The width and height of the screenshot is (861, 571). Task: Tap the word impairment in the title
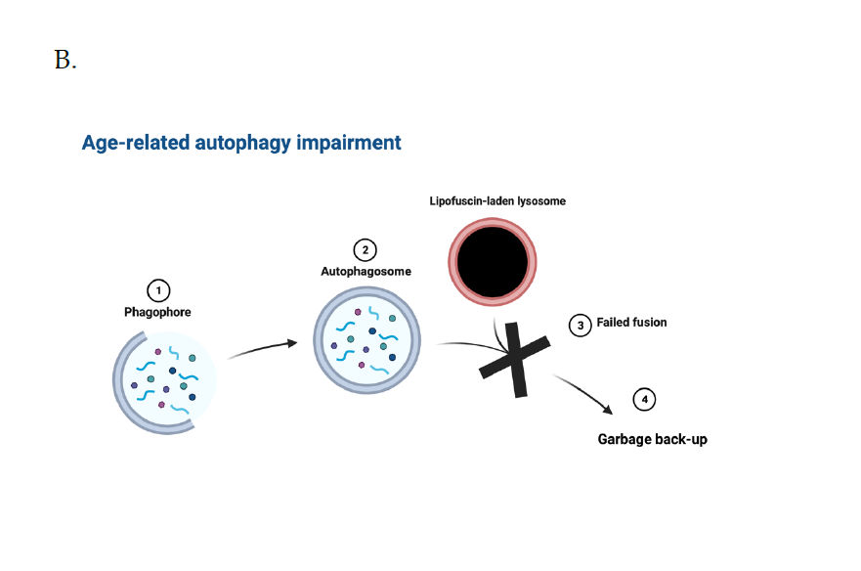pos(349,143)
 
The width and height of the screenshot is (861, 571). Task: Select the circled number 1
pos(158,290)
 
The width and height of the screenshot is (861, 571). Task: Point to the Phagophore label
pos(157,312)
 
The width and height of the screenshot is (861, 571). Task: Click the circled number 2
pos(366,250)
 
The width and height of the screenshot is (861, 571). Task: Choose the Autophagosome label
pos(366,272)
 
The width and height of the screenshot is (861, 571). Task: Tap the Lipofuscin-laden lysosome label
pos(497,201)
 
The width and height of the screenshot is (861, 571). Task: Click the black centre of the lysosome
pos(492,262)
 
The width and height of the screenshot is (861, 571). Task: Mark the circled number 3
pos(581,326)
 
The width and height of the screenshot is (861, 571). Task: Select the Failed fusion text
pos(631,323)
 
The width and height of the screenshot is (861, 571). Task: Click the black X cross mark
pos(515,360)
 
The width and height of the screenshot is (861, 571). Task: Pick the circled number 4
pos(645,400)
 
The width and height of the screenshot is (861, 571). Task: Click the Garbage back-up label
pos(652,439)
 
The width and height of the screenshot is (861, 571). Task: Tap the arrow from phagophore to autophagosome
pos(263,348)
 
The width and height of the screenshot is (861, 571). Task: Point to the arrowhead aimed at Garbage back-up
pos(608,409)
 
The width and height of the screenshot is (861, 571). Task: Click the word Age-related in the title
pos(136,143)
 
